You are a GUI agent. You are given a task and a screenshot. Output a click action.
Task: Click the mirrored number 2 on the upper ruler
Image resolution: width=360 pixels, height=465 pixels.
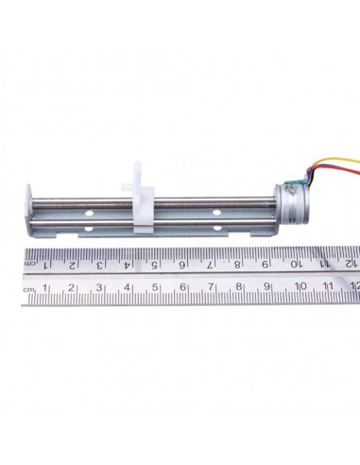pos(70,264)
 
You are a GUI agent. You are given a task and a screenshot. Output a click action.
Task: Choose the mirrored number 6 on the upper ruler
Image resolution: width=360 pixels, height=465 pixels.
pos(181,264)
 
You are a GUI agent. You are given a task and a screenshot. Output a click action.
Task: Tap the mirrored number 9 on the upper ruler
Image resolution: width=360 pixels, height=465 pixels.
pos(266,264)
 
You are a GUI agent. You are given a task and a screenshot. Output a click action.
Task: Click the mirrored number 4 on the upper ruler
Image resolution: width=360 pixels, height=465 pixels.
pos(126,264)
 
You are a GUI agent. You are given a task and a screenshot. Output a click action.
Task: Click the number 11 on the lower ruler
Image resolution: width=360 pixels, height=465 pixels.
pos(327,286)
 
